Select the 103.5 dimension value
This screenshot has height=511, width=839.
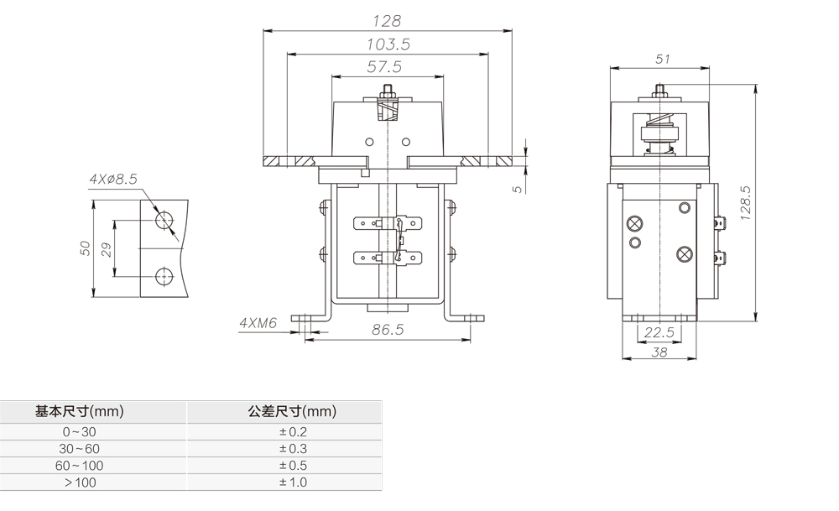tap(387, 44)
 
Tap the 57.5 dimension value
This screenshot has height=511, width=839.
tap(384, 66)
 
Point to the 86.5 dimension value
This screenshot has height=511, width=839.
tap(387, 330)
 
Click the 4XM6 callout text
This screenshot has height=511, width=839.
tap(258, 322)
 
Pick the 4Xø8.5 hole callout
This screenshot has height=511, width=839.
tap(112, 179)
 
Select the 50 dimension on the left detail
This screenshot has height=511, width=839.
tap(84, 249)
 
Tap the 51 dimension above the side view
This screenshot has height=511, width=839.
tap(663, 59)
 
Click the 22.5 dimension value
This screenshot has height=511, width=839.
tap(660, 332)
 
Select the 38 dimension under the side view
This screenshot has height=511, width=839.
tap(659, 353)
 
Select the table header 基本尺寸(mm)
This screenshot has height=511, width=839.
tap(80, 412)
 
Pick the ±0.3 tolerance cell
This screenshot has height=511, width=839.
tap(293, 449)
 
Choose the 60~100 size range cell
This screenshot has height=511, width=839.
tap(80, 466)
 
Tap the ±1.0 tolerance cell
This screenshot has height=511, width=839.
tap(293, 482)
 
